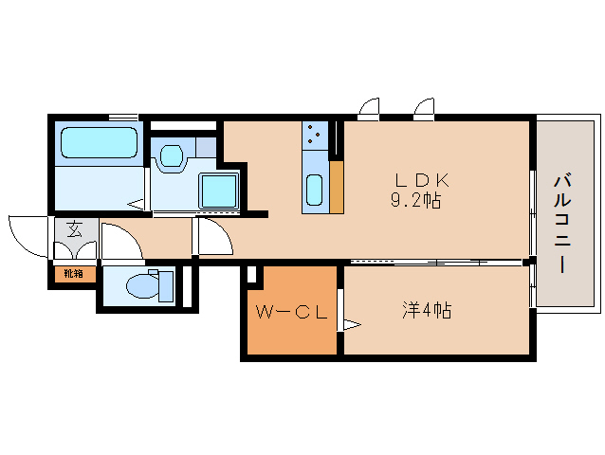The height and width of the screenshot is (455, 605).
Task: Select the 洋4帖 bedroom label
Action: [426, 310]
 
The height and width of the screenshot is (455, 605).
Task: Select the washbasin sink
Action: [172, 155]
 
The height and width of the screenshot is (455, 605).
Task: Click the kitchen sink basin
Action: [315, 190]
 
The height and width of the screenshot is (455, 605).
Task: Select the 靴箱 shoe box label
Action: [73, 274]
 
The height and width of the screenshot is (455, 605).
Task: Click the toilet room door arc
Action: [119, 238]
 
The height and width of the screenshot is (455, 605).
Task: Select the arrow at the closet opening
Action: [351, 325]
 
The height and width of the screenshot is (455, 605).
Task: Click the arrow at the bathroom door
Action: [136, 203]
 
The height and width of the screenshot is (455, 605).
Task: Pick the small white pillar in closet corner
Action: [251, 275]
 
